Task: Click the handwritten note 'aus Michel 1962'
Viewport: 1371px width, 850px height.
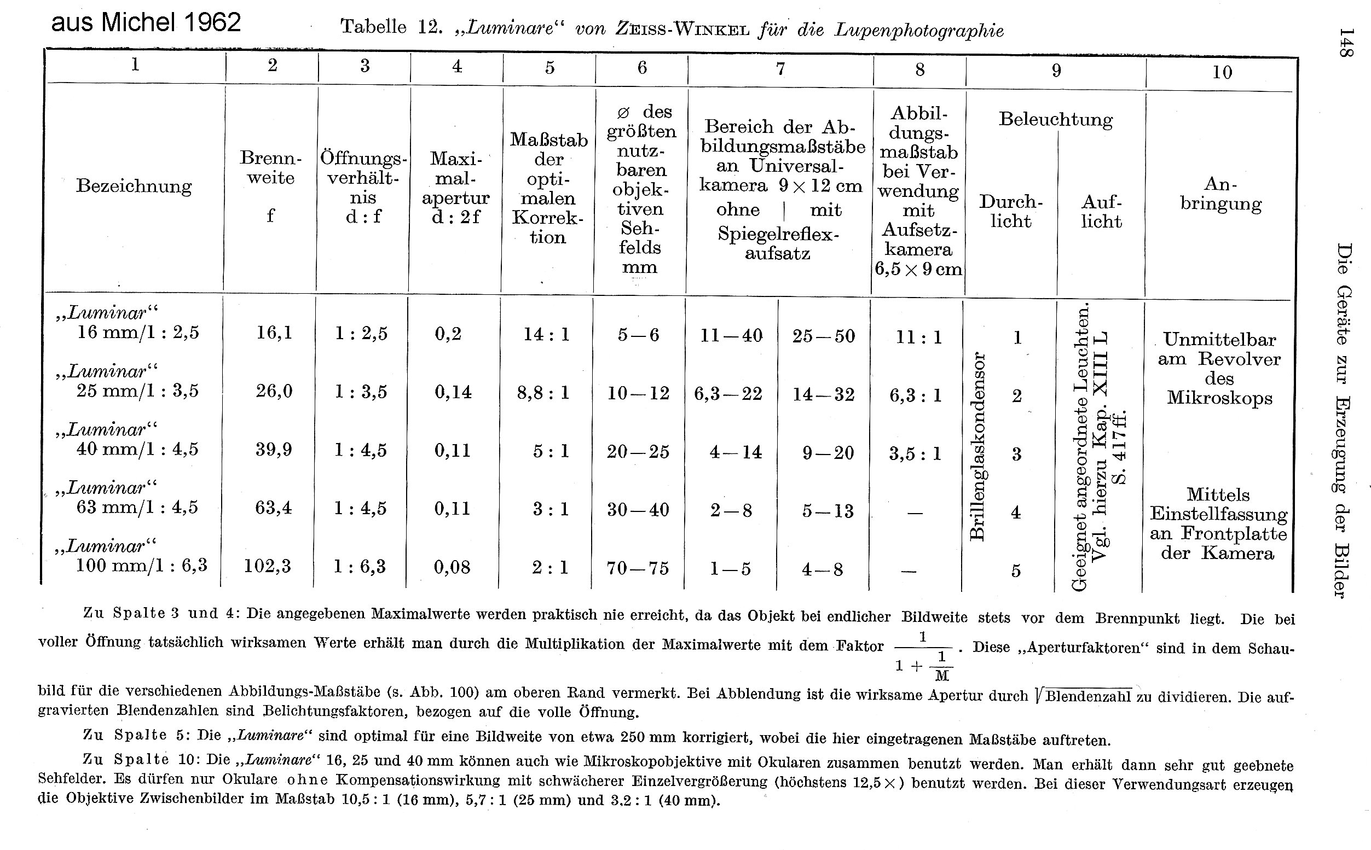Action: (x=146, y=22)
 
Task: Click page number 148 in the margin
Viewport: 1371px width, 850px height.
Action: (x=1345, y=42)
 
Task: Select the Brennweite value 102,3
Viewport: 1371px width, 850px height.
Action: (x=267, y=566)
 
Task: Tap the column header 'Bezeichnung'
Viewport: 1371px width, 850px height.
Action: (x=134, y=185)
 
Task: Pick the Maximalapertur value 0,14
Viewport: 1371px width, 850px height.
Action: (x=453, y=392)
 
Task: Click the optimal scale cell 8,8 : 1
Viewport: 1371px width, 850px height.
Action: (x=543, y=392)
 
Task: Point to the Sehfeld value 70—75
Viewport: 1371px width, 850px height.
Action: (x=638, y=568)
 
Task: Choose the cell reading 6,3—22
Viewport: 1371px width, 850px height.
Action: (x=728, y=394)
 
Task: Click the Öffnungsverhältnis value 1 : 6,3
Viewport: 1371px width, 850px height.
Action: (x=360, y=566)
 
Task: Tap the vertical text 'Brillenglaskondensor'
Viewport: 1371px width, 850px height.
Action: (x=979, y=447)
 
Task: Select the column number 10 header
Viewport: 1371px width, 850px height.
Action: (x=1222, y=72)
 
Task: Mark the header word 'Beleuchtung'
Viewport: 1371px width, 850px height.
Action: (x=1056, y=120)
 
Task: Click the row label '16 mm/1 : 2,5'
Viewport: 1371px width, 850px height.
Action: (x=138, y=332)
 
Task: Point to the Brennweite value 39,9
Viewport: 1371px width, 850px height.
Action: (x=274, y=450)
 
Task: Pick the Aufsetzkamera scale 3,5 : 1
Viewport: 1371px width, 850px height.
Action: (x=915, y=453)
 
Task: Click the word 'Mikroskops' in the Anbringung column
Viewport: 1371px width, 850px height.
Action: (x=1219, y=398)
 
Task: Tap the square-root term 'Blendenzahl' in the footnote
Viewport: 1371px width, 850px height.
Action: (x=1087, y=696)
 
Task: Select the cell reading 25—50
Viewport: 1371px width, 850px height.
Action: (x=823, y=336)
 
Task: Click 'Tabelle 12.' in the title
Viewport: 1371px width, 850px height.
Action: (x=389, y=27)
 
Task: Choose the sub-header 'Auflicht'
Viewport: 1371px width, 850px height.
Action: (x=1101, y=211)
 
